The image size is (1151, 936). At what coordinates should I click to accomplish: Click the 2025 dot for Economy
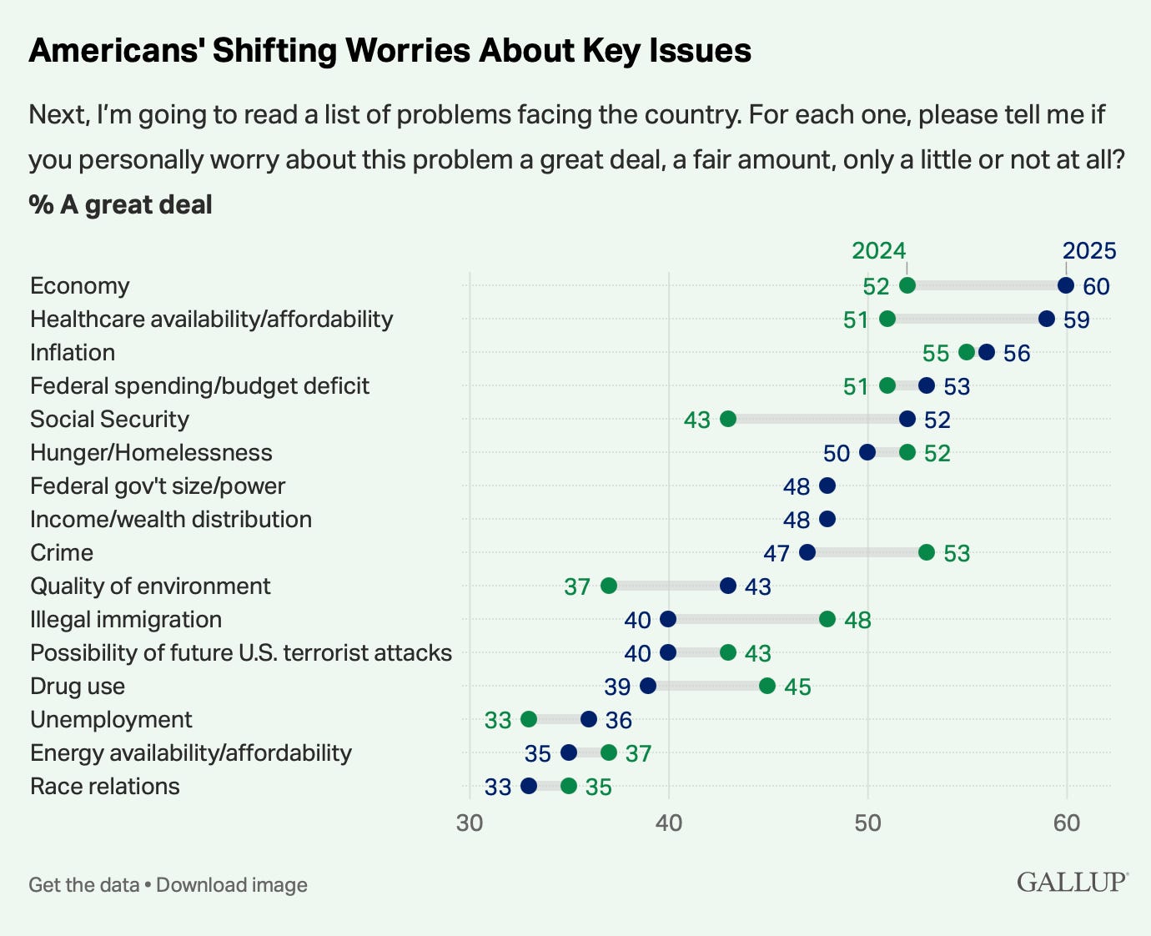point(1066,285)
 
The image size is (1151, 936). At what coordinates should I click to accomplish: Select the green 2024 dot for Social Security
point(728,419)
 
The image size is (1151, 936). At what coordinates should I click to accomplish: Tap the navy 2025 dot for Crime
point(807,552)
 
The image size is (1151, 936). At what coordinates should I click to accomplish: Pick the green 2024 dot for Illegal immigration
point(827,619)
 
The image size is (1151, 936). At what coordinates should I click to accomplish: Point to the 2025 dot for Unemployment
point(589,719)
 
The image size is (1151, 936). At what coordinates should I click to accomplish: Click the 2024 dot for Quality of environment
point(609,586)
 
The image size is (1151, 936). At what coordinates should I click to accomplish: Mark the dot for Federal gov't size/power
point(827,486)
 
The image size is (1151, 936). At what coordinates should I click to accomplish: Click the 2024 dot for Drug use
point(767,686)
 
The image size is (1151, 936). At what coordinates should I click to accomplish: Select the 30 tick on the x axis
point(470,823)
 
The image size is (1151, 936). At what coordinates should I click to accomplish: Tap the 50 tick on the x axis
point(867,823)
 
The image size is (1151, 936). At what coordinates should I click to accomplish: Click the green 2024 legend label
point(878,250)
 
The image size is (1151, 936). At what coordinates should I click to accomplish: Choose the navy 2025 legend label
point(1089,250)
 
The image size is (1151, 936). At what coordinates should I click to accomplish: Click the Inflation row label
point(73,352)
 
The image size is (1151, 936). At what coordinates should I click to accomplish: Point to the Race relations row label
point(105,786)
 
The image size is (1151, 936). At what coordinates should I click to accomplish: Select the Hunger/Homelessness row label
point(151,452)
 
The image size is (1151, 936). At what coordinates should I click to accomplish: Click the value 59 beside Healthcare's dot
point(1077,320)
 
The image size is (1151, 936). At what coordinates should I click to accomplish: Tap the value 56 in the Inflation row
point(1017,353)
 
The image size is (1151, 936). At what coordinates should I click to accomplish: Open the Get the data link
point(83,884)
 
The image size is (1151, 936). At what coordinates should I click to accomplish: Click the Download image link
point(232,884)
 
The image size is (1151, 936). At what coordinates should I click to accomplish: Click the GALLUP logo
point(1072,882)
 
